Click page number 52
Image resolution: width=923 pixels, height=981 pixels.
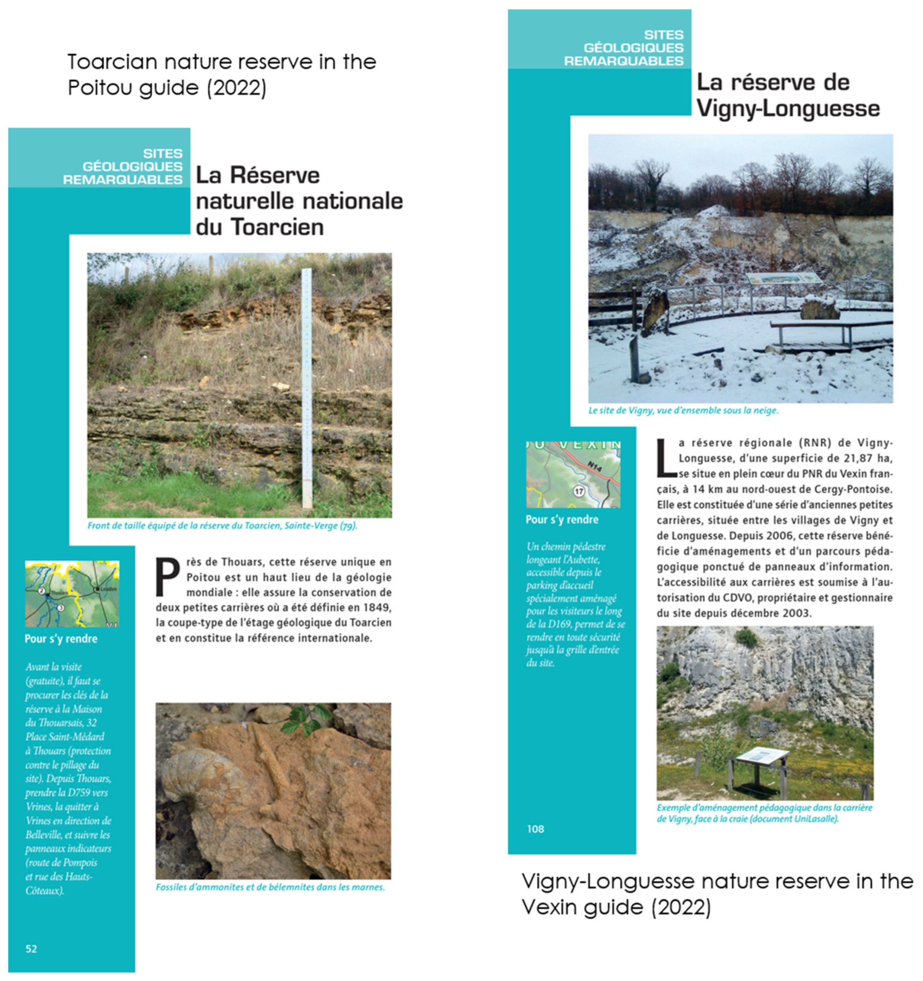(x=31, y=949)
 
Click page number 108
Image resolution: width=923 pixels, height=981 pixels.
(x=535, y=829)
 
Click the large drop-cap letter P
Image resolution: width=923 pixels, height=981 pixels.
(x=167, y=576)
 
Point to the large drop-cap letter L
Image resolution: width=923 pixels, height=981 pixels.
(x=666, y=458)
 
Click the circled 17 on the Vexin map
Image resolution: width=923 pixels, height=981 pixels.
(x=578, y=491)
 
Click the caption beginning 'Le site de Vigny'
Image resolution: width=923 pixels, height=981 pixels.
(x=683, y=410)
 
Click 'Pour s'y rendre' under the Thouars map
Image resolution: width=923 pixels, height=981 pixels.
(x=61, y=639)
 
